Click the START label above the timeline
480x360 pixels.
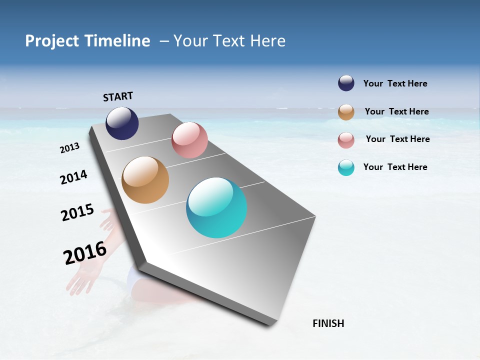coord(118,96)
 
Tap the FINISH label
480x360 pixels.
coord(328,323)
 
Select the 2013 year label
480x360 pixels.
coord(70,148)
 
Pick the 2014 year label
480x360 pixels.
coord(74,177)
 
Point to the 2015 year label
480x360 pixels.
coord(77,212)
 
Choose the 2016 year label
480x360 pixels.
coord(85,253)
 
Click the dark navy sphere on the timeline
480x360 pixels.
coord(122,123)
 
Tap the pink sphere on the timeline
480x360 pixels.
coord(189,140)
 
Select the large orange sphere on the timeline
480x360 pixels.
coord(145,180)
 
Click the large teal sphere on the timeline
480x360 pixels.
coord(216,207)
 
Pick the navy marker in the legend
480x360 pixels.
coord(346,83)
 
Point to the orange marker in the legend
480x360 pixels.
coord(346,112)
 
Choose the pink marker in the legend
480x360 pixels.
coord(346,140)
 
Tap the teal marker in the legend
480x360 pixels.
coord(346,168)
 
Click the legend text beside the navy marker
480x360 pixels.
coord(395,83)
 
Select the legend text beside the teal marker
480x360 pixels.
coord(395,167)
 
